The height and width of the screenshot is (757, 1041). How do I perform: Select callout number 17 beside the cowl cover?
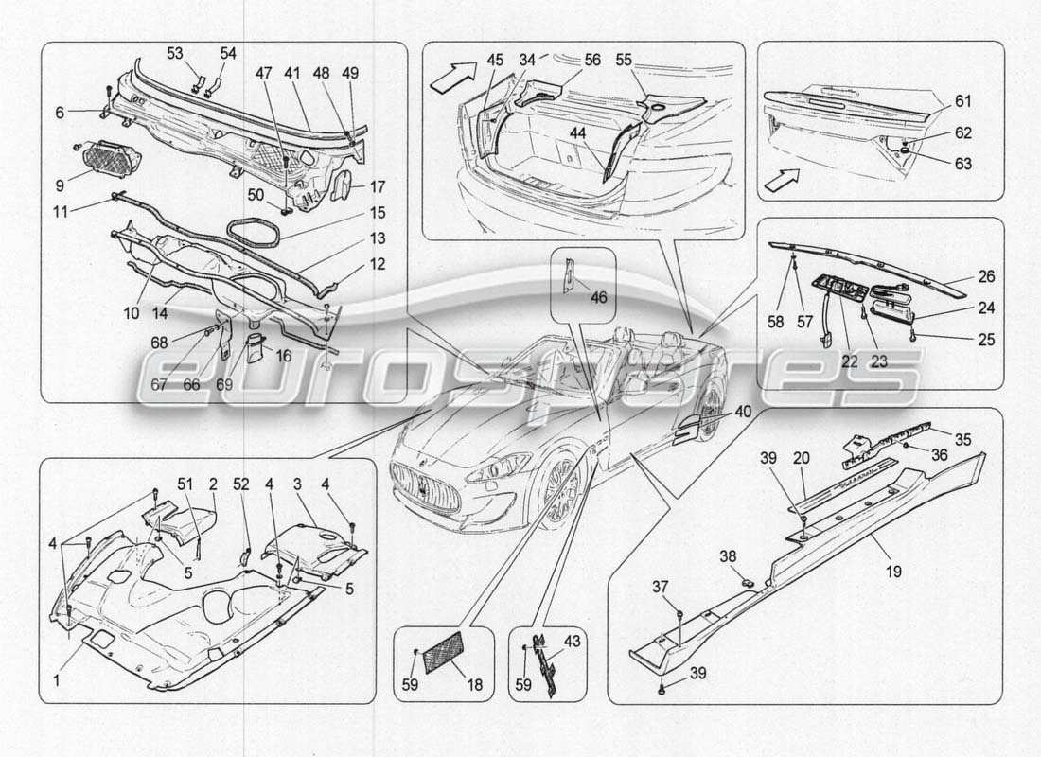pos(378,185)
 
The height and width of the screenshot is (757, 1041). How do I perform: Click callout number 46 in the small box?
pos(598,296)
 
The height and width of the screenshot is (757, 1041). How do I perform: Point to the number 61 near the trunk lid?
pos(962,100)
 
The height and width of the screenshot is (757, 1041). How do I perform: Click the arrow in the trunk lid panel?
pos(781,179)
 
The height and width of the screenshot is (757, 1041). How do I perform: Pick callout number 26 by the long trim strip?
pos(986,278)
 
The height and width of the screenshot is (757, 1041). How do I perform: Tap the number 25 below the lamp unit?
pos(986,339)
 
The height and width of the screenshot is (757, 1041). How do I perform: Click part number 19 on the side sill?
pos(893,571)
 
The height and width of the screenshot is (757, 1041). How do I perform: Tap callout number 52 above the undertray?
pos(241,484)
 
